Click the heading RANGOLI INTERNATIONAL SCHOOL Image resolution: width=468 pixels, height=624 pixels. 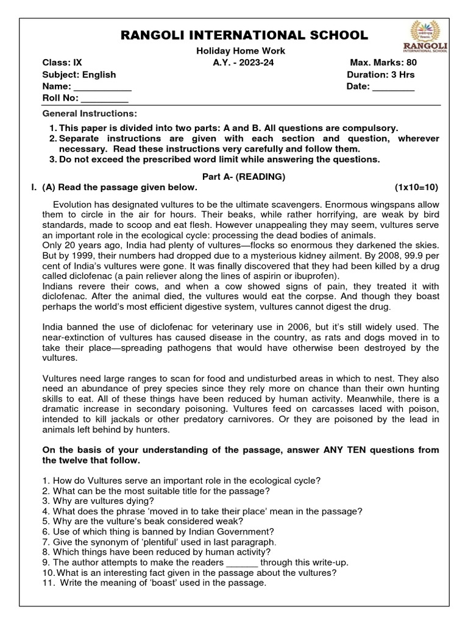[235, 35]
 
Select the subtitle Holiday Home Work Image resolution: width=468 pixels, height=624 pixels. [235, 51]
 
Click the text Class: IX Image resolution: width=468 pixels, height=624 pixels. [62, 63]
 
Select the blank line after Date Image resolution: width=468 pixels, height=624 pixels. [393, 88]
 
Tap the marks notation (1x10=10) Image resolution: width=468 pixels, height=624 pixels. [416, 187]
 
